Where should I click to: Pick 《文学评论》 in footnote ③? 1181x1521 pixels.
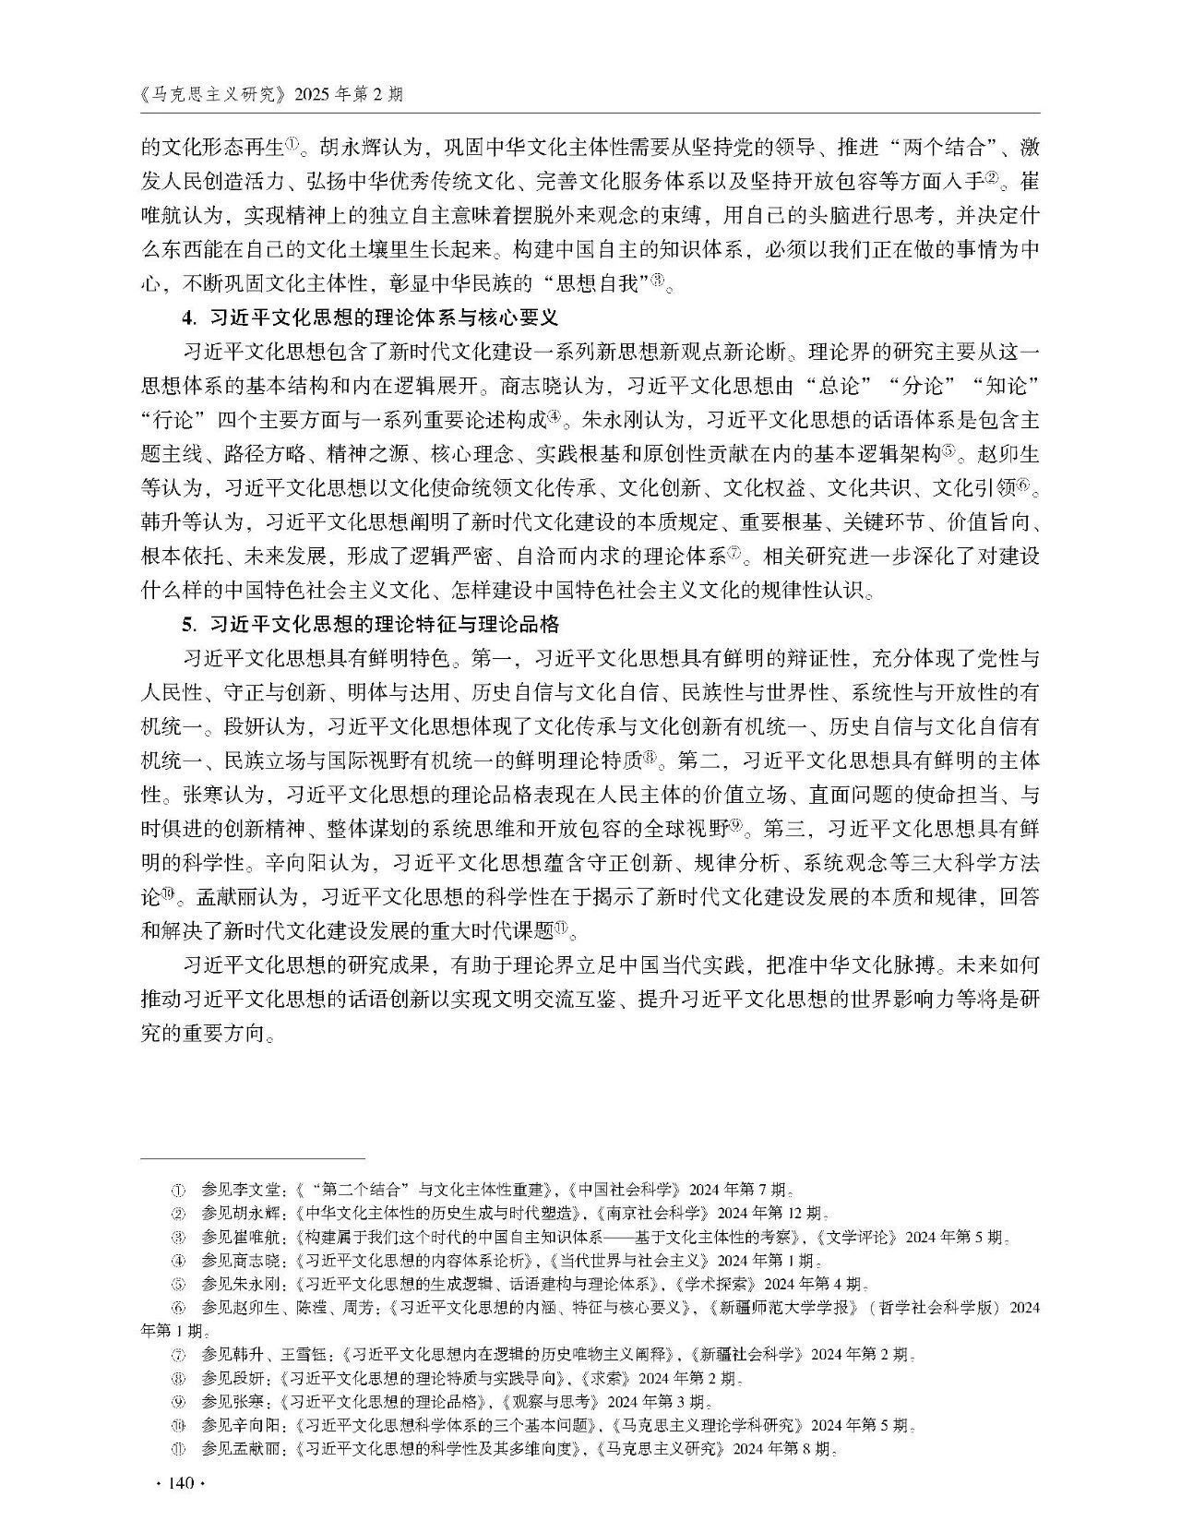pos(854,1237)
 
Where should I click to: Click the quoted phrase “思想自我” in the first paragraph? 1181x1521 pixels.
pos(599,283)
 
